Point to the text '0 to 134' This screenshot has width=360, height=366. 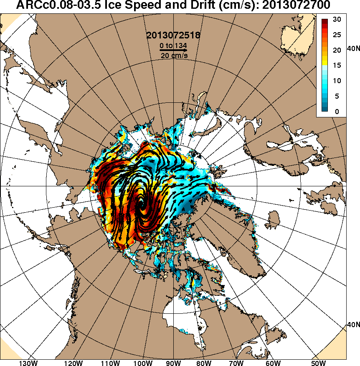click(x=173, y=45)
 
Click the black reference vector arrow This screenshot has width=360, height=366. click(x=173, y=50)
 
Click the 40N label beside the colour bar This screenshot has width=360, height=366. click(x=353, y=49)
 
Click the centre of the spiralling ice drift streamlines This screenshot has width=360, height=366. click(x=142, y=204)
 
